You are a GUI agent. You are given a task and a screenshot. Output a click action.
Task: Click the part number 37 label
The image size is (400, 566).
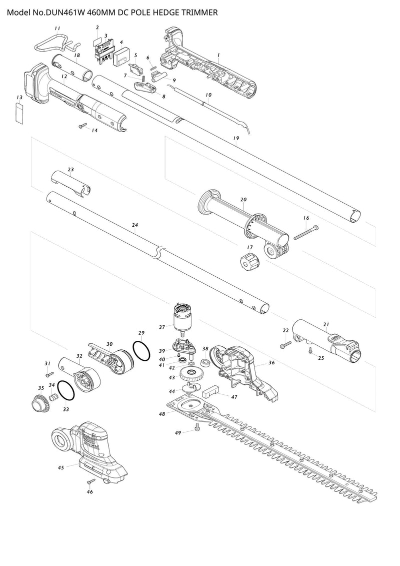(x=161, y=327)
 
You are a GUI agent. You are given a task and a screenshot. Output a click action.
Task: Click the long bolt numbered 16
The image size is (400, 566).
(x=305, y=232)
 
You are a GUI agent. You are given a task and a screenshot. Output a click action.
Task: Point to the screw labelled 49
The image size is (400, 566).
(x=196, y=426)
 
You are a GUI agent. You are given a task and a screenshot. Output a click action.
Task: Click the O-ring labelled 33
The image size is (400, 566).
(x=65, y=391)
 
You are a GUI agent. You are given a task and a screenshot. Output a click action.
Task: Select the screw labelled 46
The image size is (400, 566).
(x=91, y=481)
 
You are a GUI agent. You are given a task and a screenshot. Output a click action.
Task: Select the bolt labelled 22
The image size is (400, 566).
(x=285, y=344)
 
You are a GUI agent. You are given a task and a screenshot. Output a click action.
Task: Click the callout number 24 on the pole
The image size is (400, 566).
(x=134, y=226)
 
